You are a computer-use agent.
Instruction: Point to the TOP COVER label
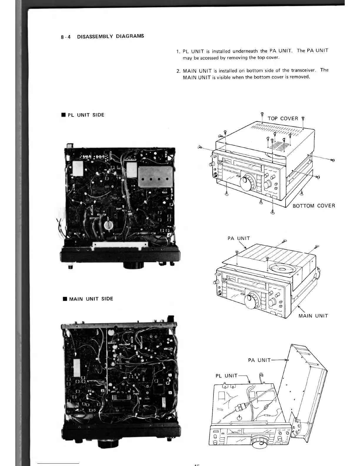283,119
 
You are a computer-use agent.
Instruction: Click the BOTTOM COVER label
314,206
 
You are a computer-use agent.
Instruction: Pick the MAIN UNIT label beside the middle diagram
313,316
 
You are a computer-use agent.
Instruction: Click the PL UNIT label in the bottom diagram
226,376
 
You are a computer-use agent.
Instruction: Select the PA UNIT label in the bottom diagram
259,360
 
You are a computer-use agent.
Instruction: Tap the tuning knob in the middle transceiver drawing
252,300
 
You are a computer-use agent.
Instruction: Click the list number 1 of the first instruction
178,51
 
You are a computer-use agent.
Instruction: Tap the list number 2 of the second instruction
178,71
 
